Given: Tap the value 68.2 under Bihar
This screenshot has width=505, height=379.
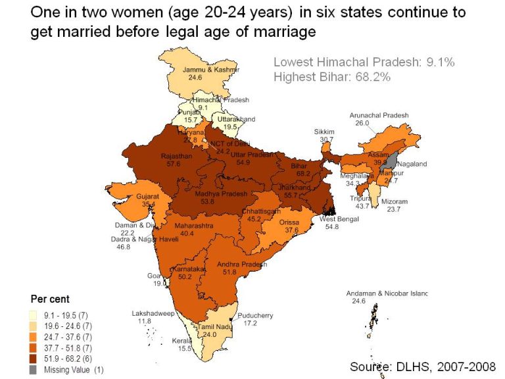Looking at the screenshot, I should [x=304, y=174].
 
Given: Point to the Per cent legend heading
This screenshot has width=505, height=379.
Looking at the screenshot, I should [x=50, y=299].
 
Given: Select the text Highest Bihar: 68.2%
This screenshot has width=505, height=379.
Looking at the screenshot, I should [x=332, y=77].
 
